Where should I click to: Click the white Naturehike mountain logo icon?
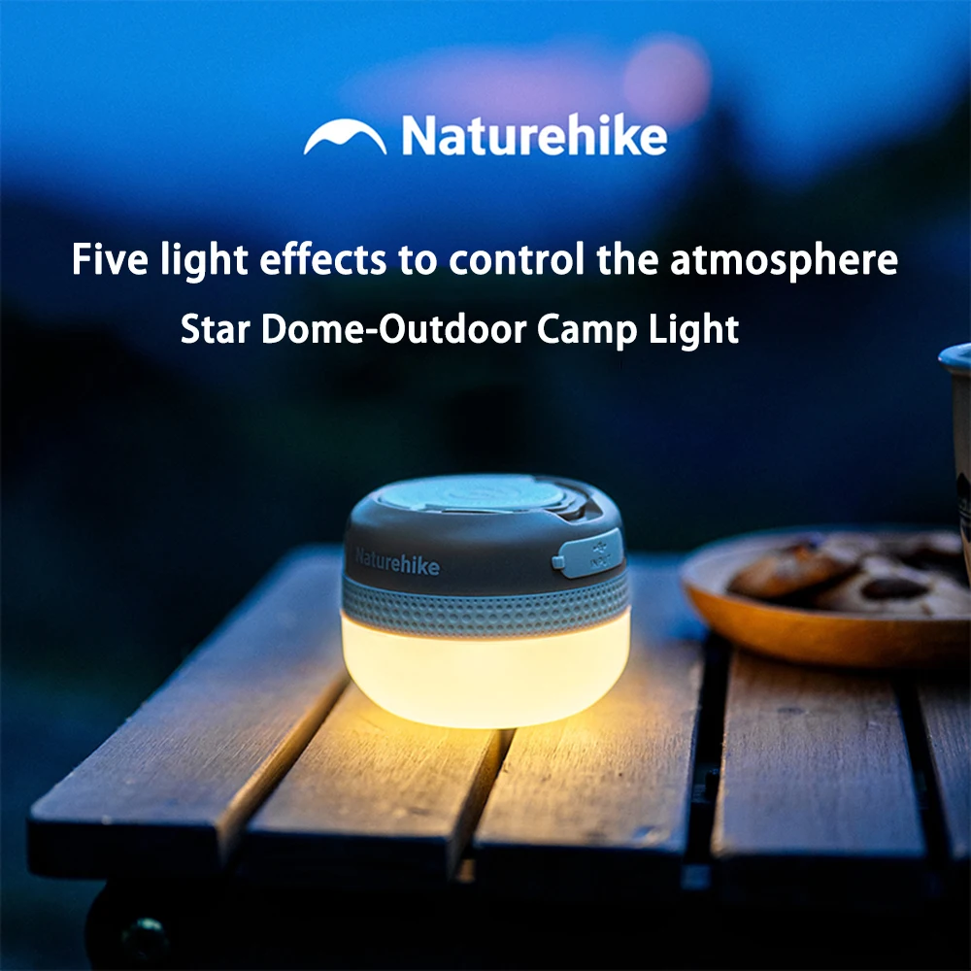345,139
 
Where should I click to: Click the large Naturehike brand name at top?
534,137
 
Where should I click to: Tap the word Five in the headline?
107,260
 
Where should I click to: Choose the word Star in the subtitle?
217,329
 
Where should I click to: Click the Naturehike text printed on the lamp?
397,562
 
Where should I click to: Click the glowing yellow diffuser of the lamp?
485,675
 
